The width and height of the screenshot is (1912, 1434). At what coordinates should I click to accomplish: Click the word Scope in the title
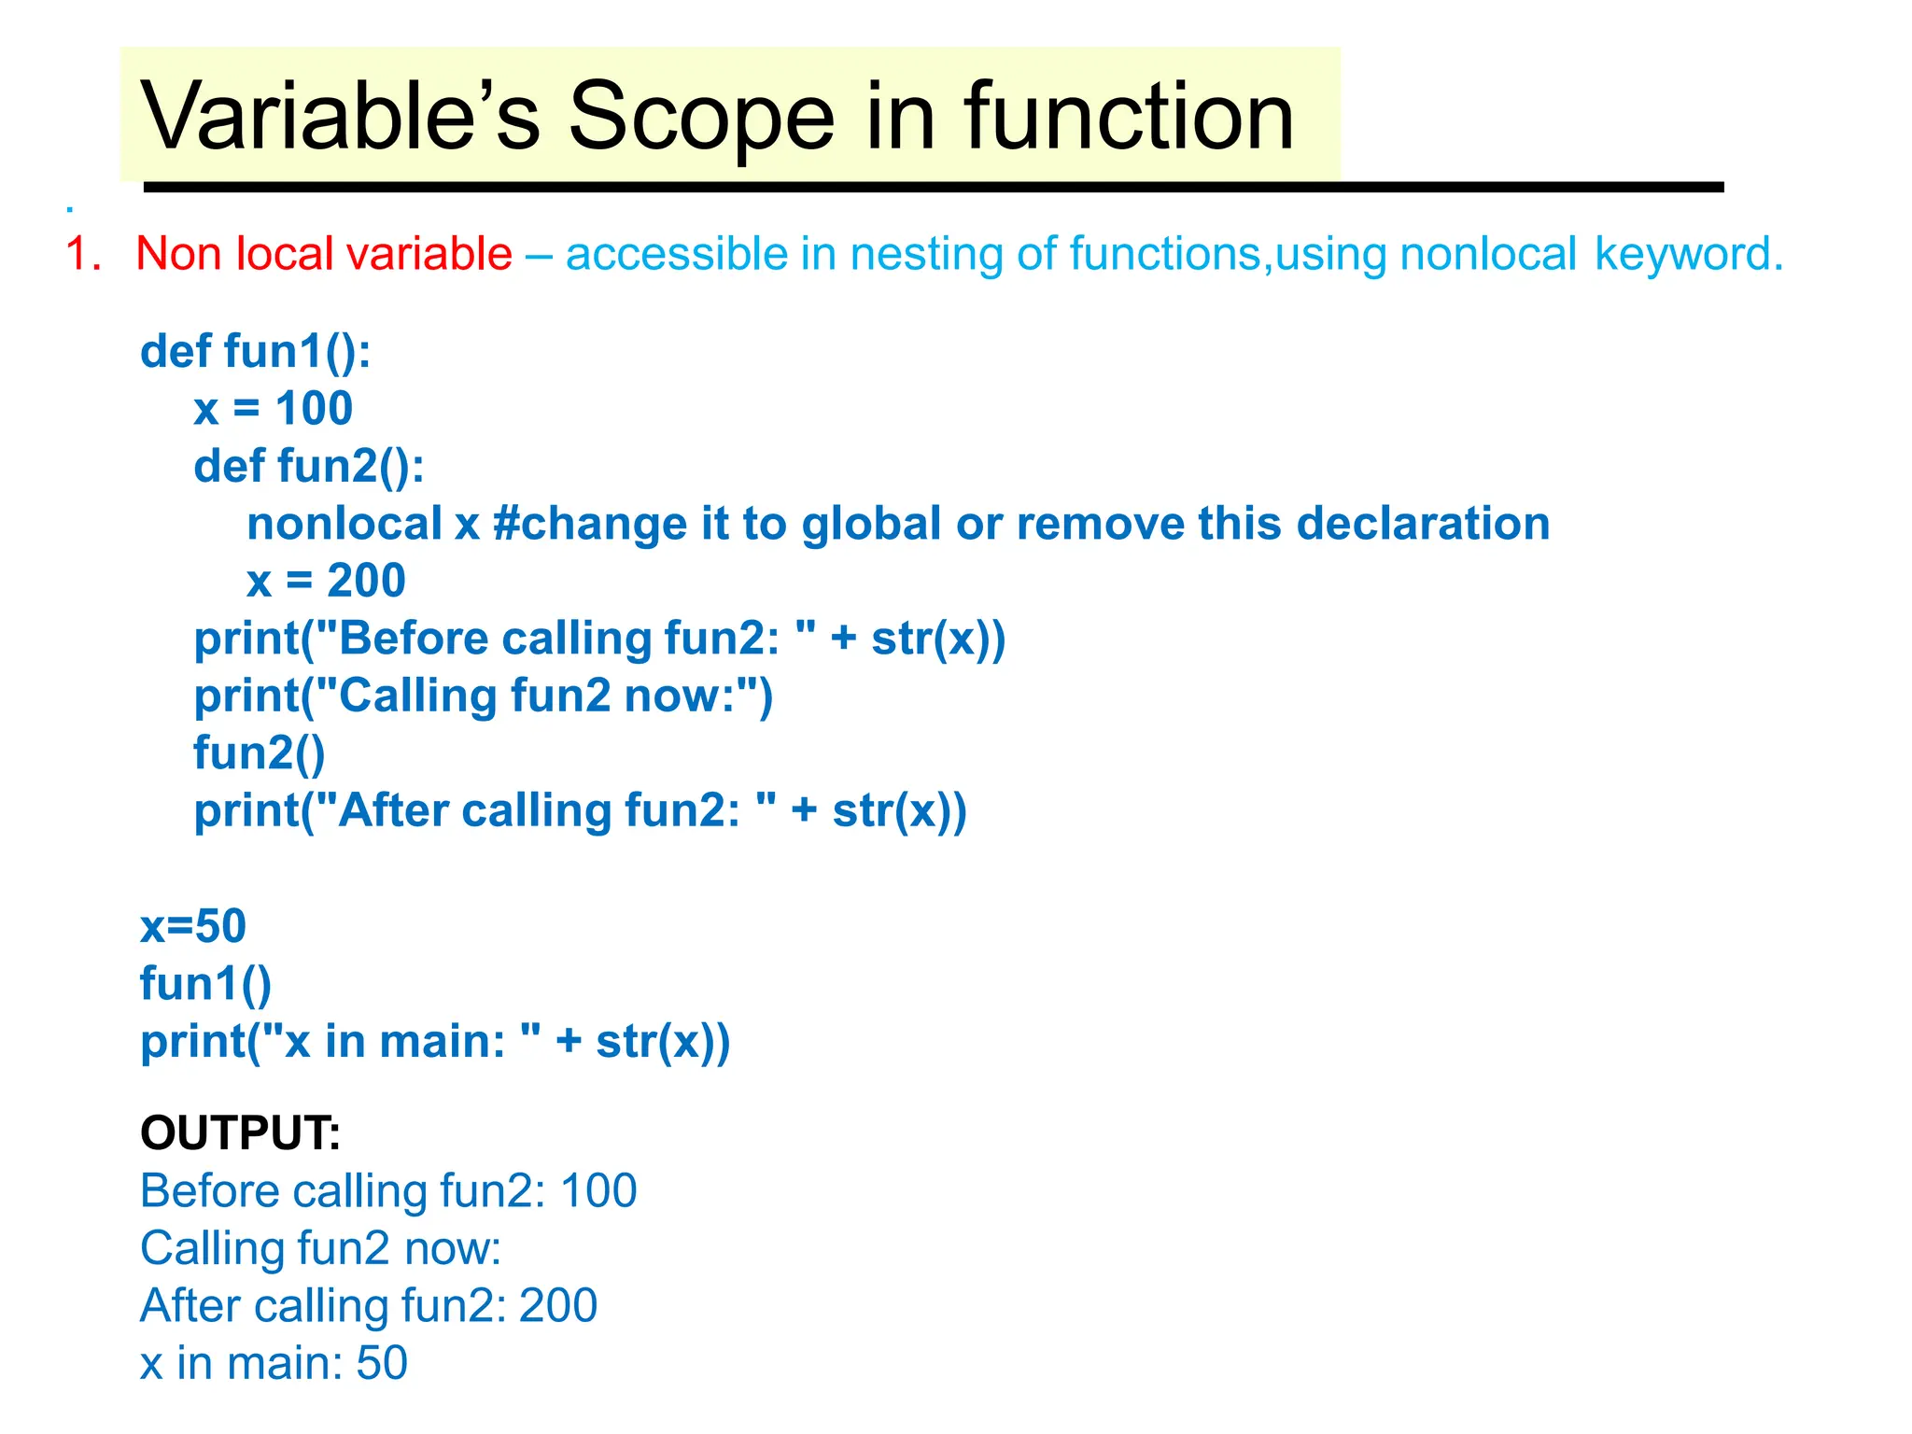(700, 117)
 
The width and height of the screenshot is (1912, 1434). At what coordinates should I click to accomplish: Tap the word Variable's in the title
(341, 117)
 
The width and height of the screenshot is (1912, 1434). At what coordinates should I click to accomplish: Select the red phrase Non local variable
(324, 254)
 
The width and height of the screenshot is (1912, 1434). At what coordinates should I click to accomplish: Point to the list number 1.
(82, 254)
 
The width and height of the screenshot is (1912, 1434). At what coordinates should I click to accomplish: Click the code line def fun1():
(255, 352)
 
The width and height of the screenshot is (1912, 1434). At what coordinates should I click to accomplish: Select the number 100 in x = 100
(314, 409)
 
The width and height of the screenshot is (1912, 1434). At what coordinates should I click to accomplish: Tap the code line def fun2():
(308, 466)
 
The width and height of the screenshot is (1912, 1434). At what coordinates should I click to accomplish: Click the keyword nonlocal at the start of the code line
(344, 524)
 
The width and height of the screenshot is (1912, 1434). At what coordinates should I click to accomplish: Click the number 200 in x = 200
(366, 581)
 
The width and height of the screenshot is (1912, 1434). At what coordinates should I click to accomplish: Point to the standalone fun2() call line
(259, 753)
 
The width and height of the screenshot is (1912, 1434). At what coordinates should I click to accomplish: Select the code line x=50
(193, 926)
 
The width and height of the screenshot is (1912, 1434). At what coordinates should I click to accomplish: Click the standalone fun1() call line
(205, 984)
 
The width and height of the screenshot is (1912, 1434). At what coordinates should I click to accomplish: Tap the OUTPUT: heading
(240, 1132)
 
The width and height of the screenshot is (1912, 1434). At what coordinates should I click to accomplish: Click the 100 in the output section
(598, 1191)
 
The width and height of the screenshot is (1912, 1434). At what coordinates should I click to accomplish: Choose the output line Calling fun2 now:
(320, 1248)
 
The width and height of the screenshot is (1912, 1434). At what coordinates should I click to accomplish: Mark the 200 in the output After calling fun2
(557, 1306)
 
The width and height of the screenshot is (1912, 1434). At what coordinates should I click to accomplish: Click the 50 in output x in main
(382, 1363)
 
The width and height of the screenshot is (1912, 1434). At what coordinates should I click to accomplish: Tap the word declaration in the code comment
(1423, 524)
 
